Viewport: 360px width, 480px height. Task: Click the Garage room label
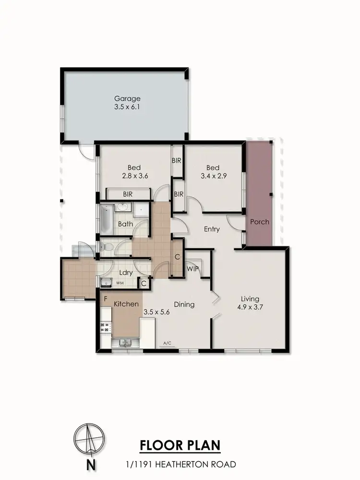click(127, 99)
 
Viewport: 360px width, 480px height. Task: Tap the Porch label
click(259, 222)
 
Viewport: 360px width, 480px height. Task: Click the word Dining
click(184, 304)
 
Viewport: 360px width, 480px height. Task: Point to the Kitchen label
click(126, 304)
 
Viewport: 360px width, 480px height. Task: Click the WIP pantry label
click(193, 269)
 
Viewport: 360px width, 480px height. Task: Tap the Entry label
click(212, 229)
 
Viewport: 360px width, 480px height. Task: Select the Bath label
click(125, 224)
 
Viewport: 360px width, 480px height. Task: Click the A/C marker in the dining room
click(168, 343)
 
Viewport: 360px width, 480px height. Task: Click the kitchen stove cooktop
click(105, 327)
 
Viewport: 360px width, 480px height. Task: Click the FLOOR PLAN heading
click(180, 445)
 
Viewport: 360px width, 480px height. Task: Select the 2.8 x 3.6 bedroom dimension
click(134, 176)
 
